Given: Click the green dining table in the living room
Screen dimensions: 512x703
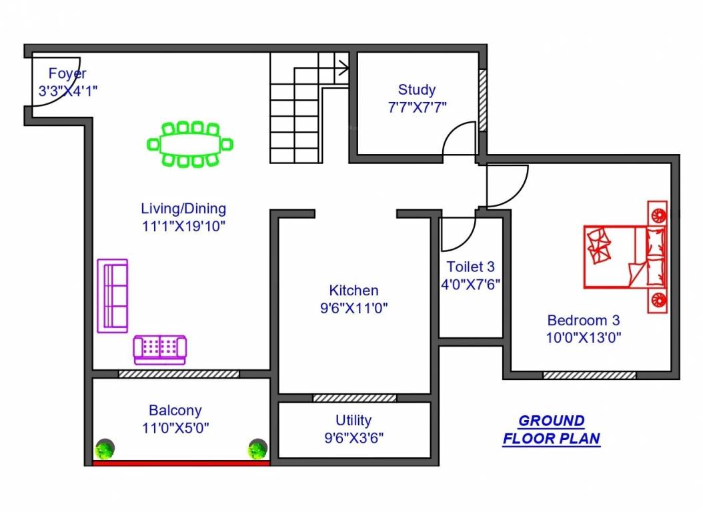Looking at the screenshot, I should pyautogui.click(x=190, y=144).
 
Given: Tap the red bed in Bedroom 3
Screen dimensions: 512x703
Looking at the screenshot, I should pyautogui.click(x=625, y=257).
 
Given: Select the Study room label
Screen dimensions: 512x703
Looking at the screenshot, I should pyautogui.click(x=417, y=89).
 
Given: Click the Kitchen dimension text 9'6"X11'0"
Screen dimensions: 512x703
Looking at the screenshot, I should pyautogui.click(x=354, y=308).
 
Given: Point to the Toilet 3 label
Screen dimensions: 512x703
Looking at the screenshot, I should pyautogui.click(x=471, y=267).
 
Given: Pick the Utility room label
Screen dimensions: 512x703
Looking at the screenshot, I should pyautogui.click(x=354, y=421).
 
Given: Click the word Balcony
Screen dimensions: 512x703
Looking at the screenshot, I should pyautogui.click(x=175, y=411).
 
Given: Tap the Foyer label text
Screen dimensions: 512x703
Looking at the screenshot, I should pyautogui.click(x=67, y=74).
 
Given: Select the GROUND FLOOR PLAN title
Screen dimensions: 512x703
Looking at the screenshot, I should pyautogui.click(x=552, y=430).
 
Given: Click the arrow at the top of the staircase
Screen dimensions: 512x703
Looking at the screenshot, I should pyautogui.click(x=342, y=67).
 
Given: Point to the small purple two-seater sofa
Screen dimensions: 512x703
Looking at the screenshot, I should pyautogui.click(x=160, y=349).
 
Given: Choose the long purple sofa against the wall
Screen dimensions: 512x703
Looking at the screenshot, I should pyautogui.click(x=113, y=295).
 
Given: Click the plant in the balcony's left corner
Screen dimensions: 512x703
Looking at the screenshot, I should pyautogui.click(x=103, y=450).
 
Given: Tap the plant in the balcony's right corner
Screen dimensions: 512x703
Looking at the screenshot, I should pyautogui.click(x=257, y=450).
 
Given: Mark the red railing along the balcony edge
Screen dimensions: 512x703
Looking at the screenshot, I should pyautogui.click(x=181, y=463).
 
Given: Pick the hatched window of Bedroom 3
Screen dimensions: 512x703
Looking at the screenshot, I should pyautogui.click(x=589, y=375).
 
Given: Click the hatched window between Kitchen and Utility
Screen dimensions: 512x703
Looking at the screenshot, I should pyautogui.click(x=354, y=398).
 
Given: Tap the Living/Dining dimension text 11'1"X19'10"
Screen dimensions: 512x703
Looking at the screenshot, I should pyautogui.click(x=183, y=226).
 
